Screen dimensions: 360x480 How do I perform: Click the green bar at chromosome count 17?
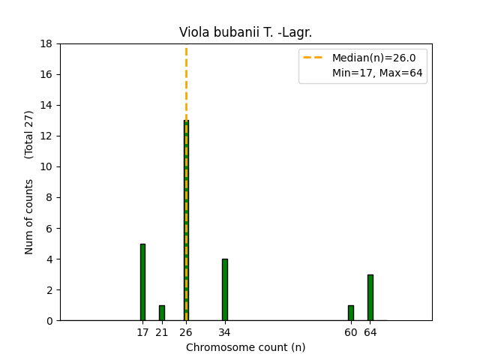(x=142, y=282)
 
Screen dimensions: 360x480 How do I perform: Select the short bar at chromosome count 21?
(x=161, y=313)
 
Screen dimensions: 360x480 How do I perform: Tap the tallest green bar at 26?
(x=186, y=220)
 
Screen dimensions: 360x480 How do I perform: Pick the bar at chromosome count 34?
(x=224, y=289)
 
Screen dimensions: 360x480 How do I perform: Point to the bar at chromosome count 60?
(x=350, y=313)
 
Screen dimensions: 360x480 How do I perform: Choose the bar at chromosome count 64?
(x=370, y=298)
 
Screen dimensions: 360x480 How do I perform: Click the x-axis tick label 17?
(x=142, y=332)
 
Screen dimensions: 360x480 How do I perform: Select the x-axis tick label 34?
(x=224, y=332)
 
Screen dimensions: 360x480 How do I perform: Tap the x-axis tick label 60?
(x=350, y=332)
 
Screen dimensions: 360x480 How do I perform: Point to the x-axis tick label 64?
(x=370, y=332)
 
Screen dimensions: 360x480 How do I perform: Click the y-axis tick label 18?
(x=46, y=43)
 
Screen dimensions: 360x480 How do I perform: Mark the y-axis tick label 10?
(x=46, y=166)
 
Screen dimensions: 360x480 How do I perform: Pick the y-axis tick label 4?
(x=49, y=259)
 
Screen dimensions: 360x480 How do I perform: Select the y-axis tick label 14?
(x=46, y=105)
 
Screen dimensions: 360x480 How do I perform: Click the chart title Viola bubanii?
(x=245, y=32)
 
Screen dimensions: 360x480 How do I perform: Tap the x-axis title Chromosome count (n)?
(x=245, y=347)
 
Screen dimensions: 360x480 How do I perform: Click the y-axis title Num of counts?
(x=29, y=217)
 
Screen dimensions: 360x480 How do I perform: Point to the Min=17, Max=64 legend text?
(x=377, y=73)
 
